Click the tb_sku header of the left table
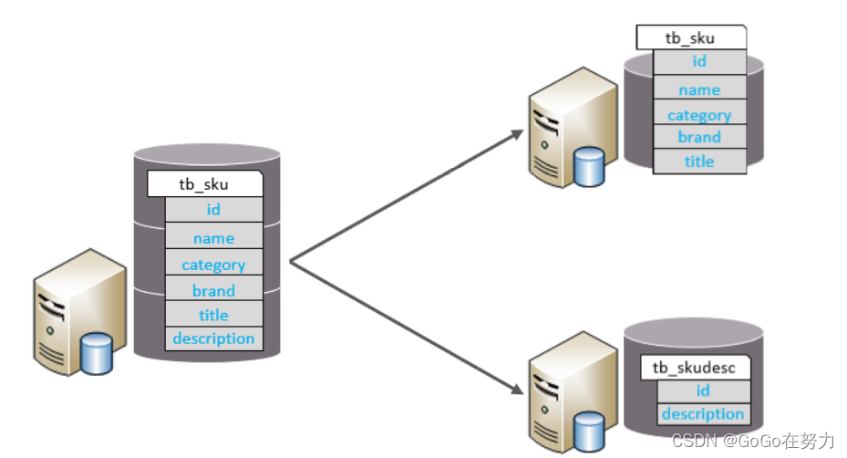click(x=204, y=184)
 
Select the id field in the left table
click(x=213, y=210)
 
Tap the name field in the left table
click(x=213, y=238)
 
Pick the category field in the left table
click(x=213, y=265)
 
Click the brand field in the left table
click(x=213, y=291)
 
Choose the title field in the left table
click(x=213, y=315)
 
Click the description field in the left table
click(x=213, y=338)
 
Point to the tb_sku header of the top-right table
click(x=690, y=38)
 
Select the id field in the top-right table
click(x=699, y=62)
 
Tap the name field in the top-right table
click(x=699, y=89)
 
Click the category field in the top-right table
click(x=699, y=115)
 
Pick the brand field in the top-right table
click(x=699, y=137)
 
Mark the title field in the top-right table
click(x=699, y=161)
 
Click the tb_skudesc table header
click(x=696, y=368)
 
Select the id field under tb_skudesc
click(x=703, y=390)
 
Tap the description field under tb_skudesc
click(x=703, y=414)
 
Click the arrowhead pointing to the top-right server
click(x=518, y=133)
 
